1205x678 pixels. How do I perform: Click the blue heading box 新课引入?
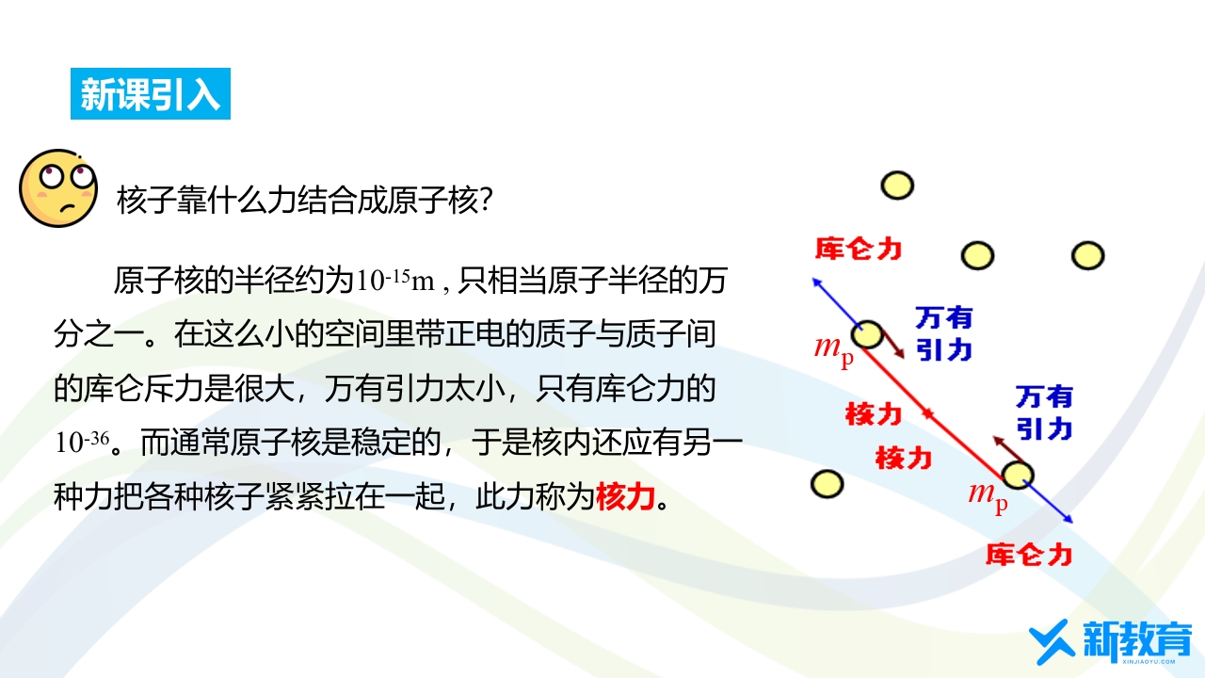point(151,93)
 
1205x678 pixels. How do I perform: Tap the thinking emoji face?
point(58,188)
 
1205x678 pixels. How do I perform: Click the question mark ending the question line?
point(486,200)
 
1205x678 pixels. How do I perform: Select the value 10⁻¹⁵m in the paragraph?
point(394,281)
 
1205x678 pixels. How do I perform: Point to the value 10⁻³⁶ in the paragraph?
point(82,443)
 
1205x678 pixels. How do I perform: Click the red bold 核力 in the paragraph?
point(625,496)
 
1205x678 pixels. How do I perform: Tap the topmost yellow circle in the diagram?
point(897,186)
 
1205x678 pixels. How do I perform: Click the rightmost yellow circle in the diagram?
point(1087,255)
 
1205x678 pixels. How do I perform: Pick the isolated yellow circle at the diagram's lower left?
point(827,484)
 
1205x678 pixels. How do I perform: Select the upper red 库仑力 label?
point(859,249)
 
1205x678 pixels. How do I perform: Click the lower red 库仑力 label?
point(1029,555)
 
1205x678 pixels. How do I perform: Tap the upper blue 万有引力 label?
point(943,333)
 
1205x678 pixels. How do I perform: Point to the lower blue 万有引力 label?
point(1044,412)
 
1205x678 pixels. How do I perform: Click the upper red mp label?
point(834,350)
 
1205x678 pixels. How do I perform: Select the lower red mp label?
point(988,496)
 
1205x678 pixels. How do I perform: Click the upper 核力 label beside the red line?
point(873,413)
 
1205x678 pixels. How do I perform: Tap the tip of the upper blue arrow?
point(813,279)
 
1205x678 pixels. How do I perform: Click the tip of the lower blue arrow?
point(1072,523)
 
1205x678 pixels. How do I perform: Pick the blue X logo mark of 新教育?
point(1049,641)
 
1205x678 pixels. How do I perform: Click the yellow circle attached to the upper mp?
point(867,334)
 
